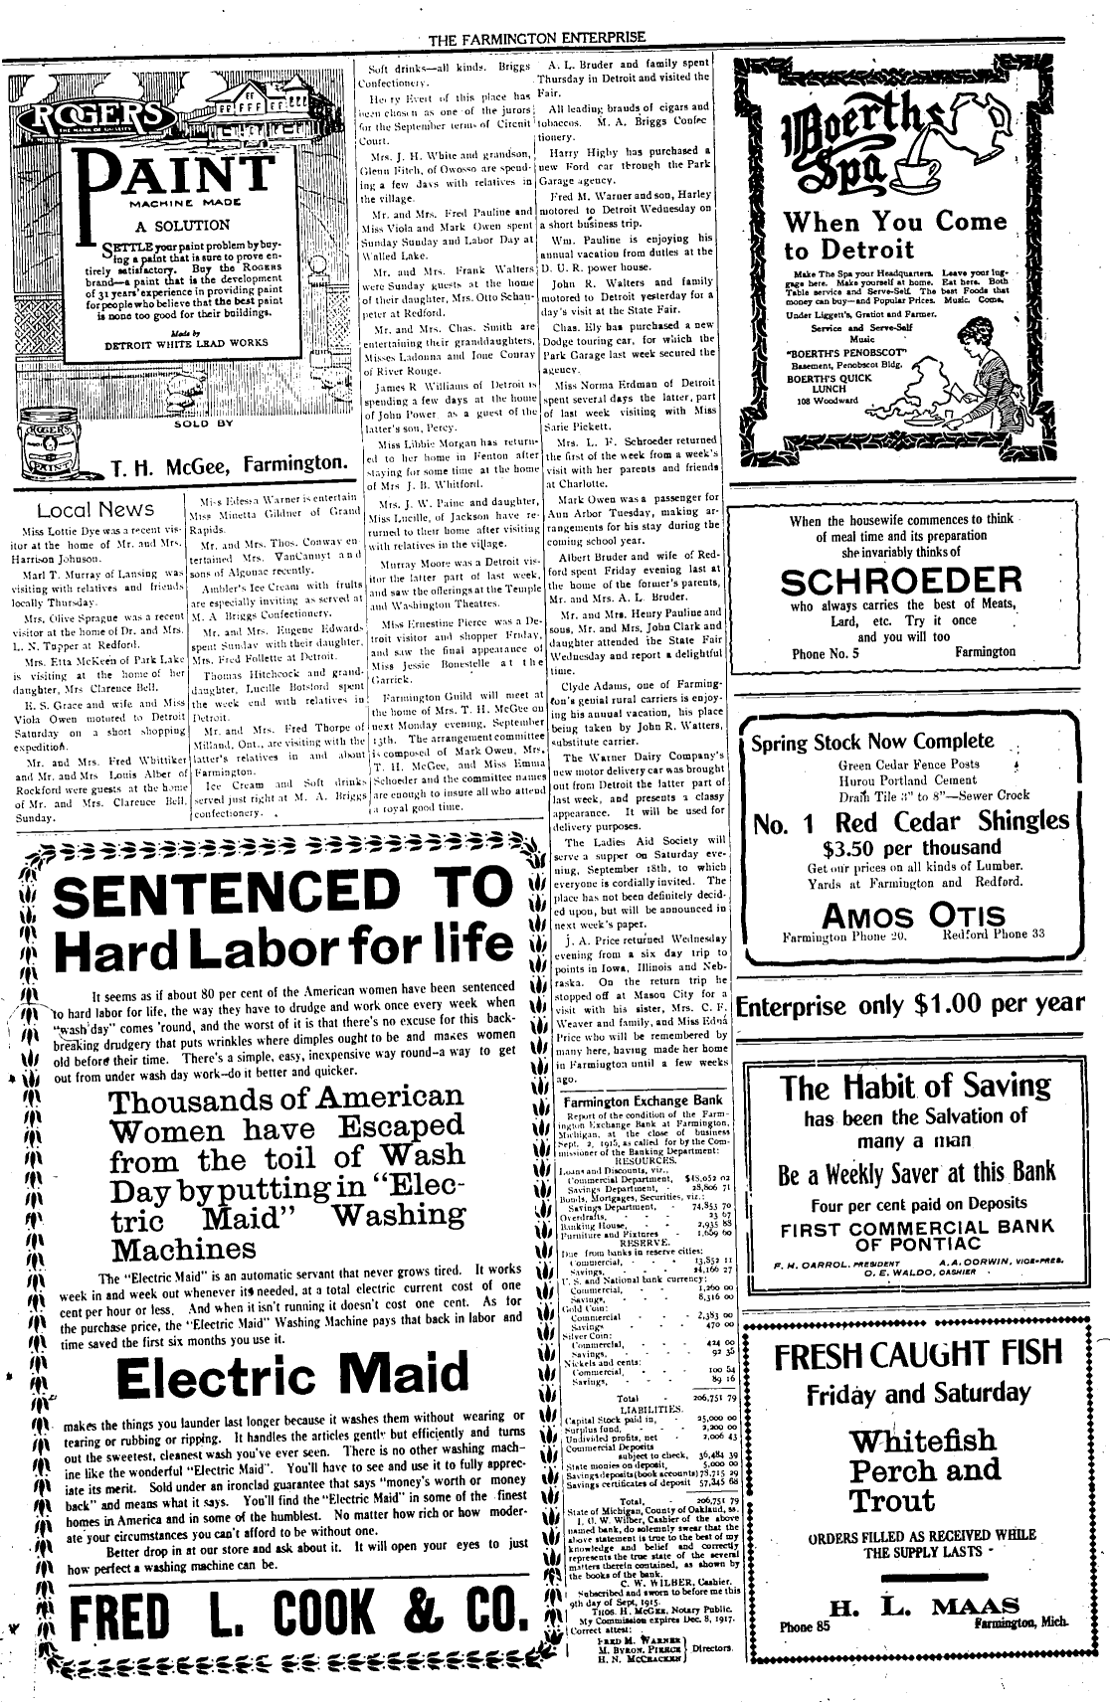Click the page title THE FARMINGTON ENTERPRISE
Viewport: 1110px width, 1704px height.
click(537, 39)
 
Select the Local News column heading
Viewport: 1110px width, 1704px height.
click(95, 510)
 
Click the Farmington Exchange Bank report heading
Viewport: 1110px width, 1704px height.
click(643, 1102)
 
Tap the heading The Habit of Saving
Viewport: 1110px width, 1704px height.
click(915, 1088)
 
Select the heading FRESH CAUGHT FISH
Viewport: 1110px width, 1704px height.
click(916, 1357)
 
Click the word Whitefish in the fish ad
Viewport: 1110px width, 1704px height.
click(922, 1441)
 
